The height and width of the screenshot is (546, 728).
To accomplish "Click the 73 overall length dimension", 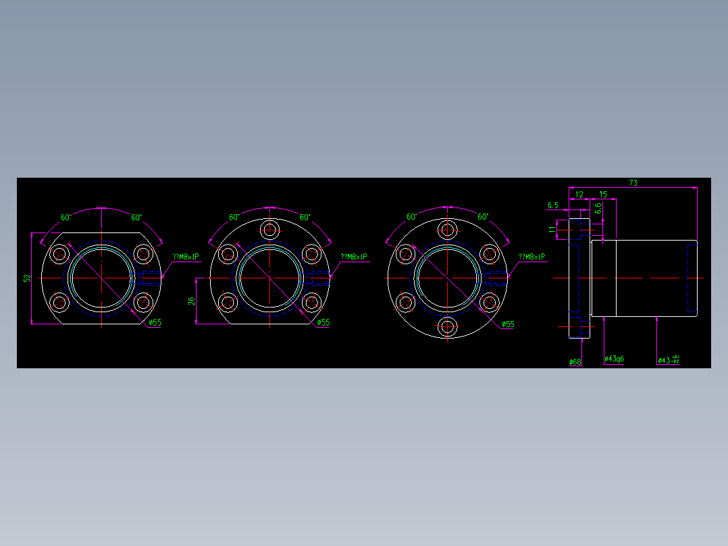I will (633, 182).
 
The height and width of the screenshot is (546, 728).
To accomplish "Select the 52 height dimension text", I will (27, 278).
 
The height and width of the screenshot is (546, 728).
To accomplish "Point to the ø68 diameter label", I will (575, 362).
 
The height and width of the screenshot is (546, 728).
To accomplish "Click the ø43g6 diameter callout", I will (614, 359).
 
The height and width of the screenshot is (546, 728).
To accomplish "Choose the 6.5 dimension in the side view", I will (553, 205).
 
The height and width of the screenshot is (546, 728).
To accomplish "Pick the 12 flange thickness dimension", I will (579, 195).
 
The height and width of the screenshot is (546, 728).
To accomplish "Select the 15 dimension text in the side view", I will (602, 195).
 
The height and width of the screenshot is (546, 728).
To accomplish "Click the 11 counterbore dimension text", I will (552, 230).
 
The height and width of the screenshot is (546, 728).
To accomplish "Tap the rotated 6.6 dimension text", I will (598, 209).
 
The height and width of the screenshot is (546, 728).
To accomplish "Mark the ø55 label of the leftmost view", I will (155, 323).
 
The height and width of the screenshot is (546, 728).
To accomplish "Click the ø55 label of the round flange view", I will (508, 324).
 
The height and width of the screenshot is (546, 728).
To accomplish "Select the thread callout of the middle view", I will (354, 257).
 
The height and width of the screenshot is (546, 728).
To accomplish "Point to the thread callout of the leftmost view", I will (186, 257).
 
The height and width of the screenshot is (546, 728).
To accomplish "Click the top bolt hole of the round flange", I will (447, 230).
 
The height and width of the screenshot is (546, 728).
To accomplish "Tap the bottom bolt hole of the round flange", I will (447, 327).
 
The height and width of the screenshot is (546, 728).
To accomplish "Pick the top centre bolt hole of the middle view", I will (270, 229).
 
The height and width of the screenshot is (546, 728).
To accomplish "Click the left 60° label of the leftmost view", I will (66, 218).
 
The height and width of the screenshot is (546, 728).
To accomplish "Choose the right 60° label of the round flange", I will (483, 218).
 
